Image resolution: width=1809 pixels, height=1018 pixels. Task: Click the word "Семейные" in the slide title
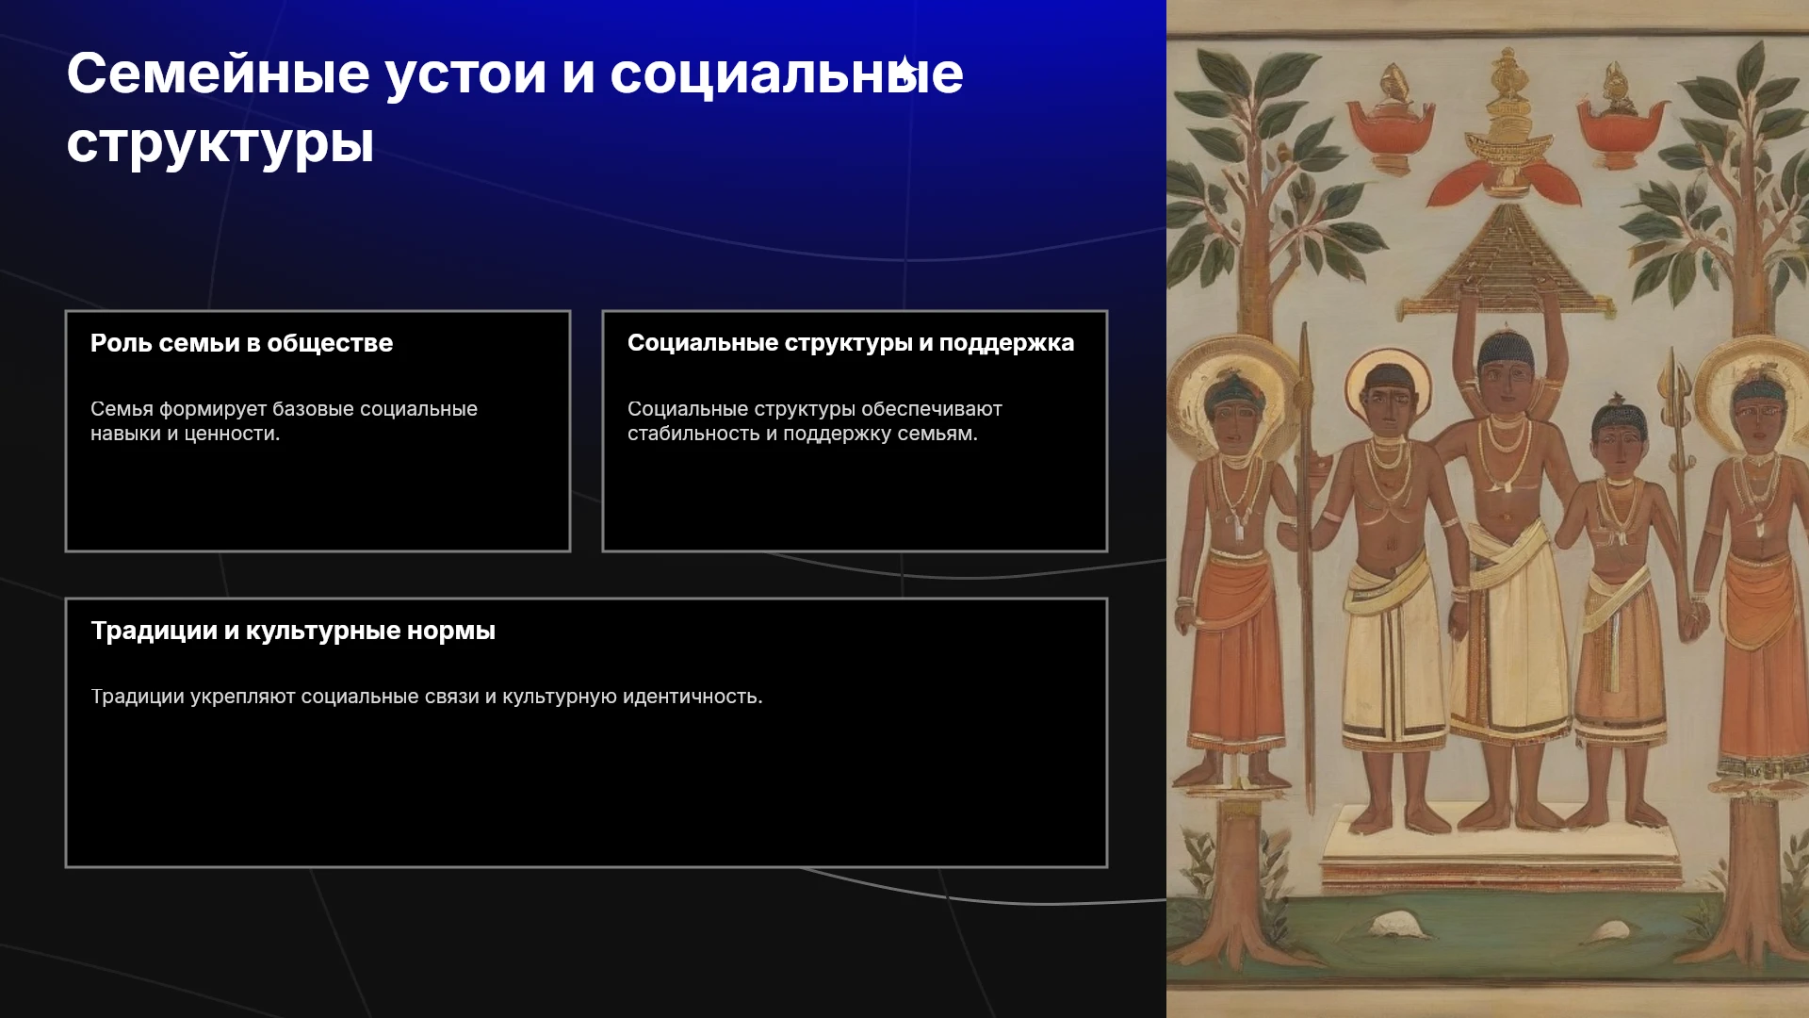coord(218,74)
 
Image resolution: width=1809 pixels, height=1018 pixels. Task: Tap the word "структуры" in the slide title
coord(220,144)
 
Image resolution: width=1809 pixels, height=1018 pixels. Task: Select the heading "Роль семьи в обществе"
coord(241,343)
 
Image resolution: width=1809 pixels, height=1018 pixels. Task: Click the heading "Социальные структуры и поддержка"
coord(851,343)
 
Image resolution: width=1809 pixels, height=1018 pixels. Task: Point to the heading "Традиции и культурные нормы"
coord(293,631)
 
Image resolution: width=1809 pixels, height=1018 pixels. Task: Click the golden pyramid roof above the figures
coord(1506,262)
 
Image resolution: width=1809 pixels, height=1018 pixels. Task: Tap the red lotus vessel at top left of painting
coord(1391,116)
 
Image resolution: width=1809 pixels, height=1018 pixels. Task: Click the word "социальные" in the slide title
coord(787,74)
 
